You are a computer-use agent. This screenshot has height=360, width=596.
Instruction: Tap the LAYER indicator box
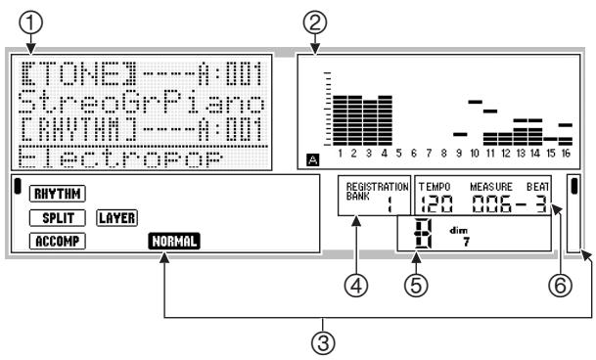pyautogui.click(x=117, y=217)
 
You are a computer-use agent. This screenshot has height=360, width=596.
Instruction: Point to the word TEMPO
pyautogui.click(x=432, y=186)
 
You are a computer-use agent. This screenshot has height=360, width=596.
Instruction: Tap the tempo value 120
pyautogui.click(x=436, y=204)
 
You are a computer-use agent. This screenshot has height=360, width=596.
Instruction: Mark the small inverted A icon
pyautogui.click(x=312, y=156)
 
